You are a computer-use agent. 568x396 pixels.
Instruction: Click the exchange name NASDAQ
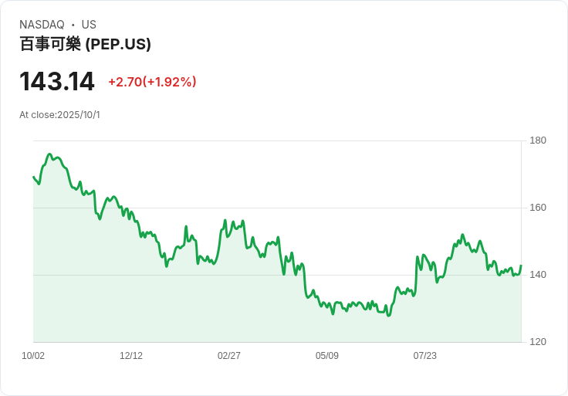coord(42,25)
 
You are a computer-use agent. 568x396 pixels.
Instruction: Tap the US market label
coord(89,25)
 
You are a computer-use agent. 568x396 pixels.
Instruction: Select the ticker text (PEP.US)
coord(118,44)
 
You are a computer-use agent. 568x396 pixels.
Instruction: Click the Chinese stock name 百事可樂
coord(50,44)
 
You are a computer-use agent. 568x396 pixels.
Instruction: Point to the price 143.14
coord(57,82)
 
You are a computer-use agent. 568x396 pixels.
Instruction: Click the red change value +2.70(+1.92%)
coord(152,82)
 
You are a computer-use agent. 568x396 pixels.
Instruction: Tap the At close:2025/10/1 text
coord(59,115)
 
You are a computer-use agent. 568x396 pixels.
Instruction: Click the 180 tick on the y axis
coord(537,140)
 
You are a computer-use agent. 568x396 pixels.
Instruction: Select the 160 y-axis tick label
coord(537,208)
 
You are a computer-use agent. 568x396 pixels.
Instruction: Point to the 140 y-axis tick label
coord(537,275)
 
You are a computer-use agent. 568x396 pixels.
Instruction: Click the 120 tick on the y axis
coord(537,342)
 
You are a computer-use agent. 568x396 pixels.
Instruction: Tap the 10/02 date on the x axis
coord(33,356)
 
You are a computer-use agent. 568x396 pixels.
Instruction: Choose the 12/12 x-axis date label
coord(131,356)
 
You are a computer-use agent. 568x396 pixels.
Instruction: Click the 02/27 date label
coord(229,356)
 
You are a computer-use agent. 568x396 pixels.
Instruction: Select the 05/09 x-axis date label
coord(327,356)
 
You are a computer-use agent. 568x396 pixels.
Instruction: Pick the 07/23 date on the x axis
coord(425,356)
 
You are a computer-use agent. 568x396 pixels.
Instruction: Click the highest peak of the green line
coord(49,154)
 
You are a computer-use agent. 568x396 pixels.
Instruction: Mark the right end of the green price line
coord(521,266)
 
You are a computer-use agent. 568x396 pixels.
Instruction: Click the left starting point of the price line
coord(33,177)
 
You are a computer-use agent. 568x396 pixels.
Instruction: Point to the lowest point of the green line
coord(388,315)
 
